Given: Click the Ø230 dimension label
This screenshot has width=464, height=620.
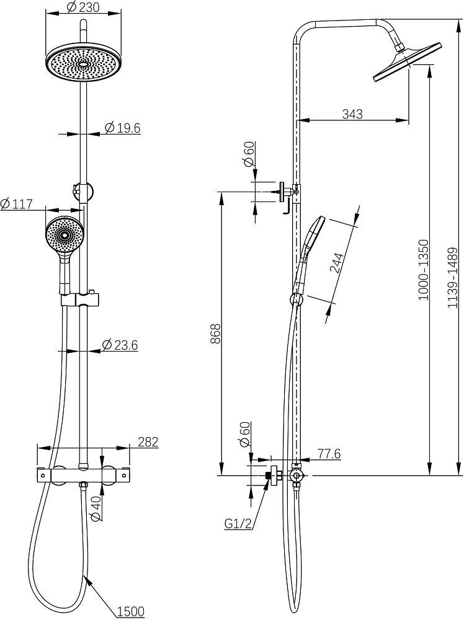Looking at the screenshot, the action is click(83, 6).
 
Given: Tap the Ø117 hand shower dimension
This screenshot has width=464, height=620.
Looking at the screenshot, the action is click(17, 204).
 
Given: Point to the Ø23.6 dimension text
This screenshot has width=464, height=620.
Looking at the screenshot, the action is click(120, 345).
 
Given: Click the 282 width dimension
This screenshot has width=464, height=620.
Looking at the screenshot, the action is click(148, 441).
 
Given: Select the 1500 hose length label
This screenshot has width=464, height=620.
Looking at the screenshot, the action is click(131, 611).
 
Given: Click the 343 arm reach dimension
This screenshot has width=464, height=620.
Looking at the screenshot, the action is click(352, 114).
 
